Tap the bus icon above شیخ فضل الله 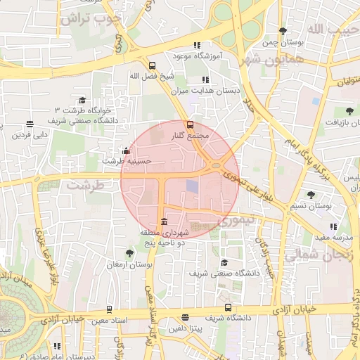click(152, 65)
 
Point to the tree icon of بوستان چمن click(283, 31)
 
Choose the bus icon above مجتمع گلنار click(189, 124)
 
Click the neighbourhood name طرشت click(85, 186)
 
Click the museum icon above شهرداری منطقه click(164, 222)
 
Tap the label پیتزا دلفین click(186, 328)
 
